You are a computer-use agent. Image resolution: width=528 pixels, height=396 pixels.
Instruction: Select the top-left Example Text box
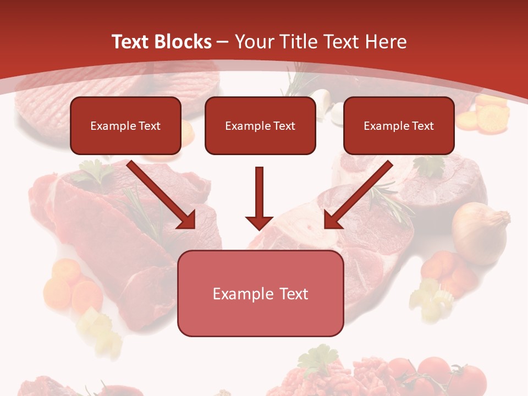pyautogui.click(x=125, y=126)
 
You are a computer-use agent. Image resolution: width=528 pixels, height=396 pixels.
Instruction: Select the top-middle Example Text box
pyautogui.click(x=260, y=126)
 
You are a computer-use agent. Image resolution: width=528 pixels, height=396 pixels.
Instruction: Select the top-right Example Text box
pyautogui.click(x=399, y=126)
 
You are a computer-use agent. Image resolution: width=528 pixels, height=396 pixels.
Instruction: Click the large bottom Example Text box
pyautogui.click(x=260, y=294)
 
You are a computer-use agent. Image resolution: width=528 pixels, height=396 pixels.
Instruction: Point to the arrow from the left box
pyautogui.click(x=162, y=195)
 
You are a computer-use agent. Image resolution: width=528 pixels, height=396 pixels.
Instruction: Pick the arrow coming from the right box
pyautogui.click(x=358, y=195)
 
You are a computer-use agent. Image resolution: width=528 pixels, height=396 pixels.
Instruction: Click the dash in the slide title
pyautogui.click(x=223, y=42)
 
